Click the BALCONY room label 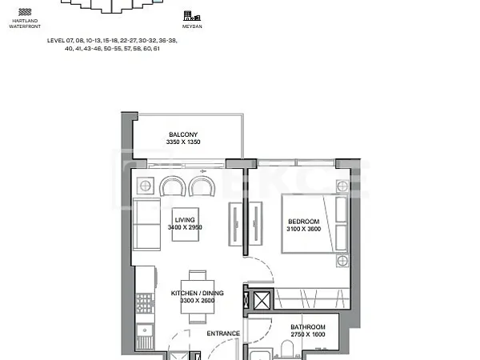183,134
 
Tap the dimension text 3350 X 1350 183,142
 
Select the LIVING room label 185,220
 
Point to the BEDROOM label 304,222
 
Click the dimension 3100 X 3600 304,229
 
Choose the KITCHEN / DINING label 197,293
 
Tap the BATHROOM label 308,327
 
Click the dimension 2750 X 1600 308,334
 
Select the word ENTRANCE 223,334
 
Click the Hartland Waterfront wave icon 25,12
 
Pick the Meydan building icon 192,16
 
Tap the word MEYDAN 192,26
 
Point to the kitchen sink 145,330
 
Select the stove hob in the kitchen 144,303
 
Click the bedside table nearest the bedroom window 342,186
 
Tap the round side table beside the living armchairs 145,186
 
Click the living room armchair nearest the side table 173,186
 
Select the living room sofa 146,224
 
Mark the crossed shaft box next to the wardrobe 262,300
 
